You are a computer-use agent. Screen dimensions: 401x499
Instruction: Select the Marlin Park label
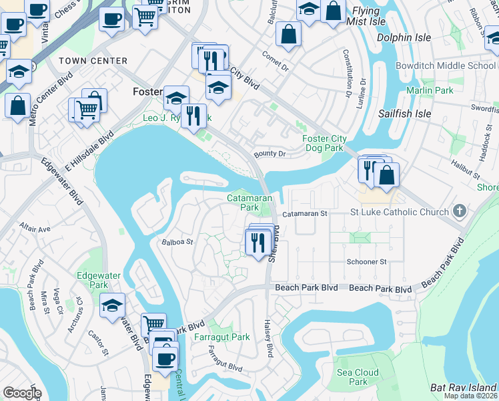430,90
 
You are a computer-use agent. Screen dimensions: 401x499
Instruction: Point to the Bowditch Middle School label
446,65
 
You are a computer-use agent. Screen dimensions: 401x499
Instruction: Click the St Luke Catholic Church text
400,213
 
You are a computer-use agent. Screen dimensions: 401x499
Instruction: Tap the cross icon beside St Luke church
458,212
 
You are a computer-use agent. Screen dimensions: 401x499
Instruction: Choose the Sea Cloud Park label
358,377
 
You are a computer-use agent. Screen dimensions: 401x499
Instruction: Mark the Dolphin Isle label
404,37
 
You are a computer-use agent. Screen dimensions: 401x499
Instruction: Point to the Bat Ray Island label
463,387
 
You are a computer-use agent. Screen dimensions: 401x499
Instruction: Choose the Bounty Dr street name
270,154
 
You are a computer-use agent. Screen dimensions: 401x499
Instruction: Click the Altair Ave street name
35,228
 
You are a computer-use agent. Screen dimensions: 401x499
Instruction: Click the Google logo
22,393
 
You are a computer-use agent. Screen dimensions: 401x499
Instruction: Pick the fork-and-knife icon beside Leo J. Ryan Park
192,114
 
